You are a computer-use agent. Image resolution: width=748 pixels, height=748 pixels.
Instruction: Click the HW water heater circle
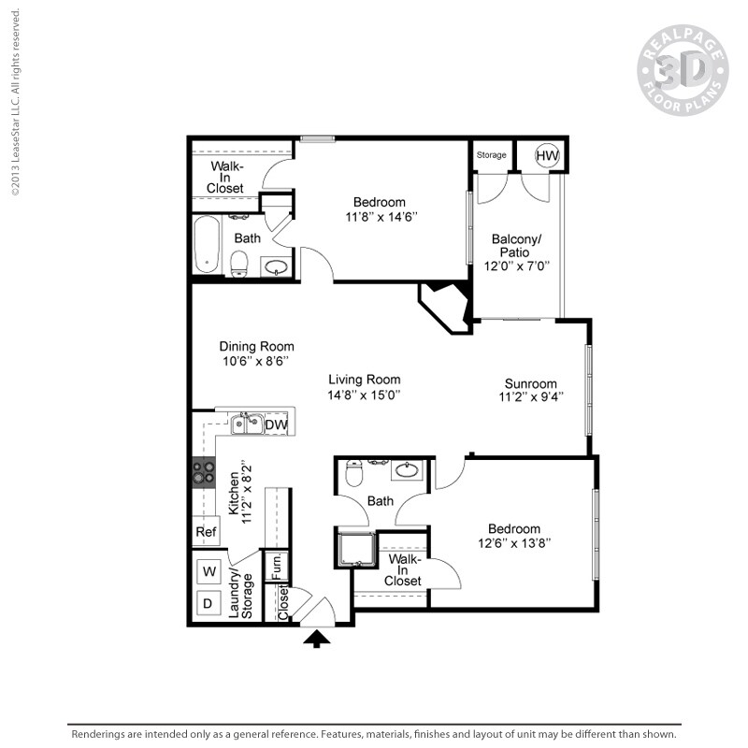coord(547,155)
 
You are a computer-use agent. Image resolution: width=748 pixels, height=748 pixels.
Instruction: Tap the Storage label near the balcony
coord(491,155)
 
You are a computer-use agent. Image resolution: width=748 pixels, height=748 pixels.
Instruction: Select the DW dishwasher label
coord(275,425)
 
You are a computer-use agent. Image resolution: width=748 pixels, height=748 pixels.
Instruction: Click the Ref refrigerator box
coord(206,532)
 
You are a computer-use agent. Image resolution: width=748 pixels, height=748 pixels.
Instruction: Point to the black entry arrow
coord(319,639)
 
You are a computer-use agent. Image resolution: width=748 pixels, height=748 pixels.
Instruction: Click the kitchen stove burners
coord(203,472)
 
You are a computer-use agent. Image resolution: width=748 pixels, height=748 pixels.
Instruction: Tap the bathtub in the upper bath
coord(207,244)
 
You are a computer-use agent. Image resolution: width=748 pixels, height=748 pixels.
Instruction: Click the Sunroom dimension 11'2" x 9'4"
coord(530,397)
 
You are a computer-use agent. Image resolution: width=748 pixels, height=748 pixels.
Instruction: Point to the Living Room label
coord(364,380)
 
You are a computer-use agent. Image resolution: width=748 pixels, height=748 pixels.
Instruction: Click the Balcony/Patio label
coord(515,246)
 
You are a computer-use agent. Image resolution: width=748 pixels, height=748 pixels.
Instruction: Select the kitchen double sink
coord(247,424)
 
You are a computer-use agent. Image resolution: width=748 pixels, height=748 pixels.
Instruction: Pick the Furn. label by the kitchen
coord(277,566)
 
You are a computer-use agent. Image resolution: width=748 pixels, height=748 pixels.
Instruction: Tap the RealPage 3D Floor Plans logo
coord(682,72)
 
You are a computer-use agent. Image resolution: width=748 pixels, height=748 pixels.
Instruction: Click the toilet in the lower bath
coord(354,473)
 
